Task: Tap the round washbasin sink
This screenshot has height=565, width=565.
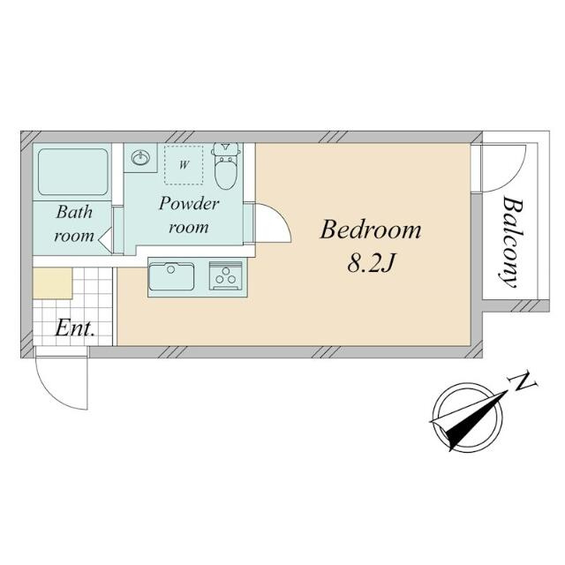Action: pos(140,158)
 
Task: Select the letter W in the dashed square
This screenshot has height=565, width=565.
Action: pos(184,165)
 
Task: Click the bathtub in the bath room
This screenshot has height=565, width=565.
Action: pos(73,172)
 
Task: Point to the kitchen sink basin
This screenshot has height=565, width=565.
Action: pos(171,276)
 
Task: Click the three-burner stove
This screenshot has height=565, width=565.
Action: pos(226,275)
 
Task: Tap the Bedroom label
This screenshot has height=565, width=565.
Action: pos(370,230)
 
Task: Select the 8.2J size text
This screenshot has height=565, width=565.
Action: pos(370,264)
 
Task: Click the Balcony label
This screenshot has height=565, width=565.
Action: pos(512,242)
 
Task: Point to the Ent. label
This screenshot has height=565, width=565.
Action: pos(75,328)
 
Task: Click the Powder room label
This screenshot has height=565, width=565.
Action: pos(188,215)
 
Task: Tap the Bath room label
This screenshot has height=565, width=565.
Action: pos(74,223)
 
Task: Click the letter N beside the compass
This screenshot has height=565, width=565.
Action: pos(524,382)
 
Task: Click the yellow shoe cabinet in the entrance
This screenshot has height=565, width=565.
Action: pos(53,283)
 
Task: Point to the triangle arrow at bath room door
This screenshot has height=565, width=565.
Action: pos(105,237)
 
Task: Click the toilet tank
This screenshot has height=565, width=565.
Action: pos(226,147)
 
